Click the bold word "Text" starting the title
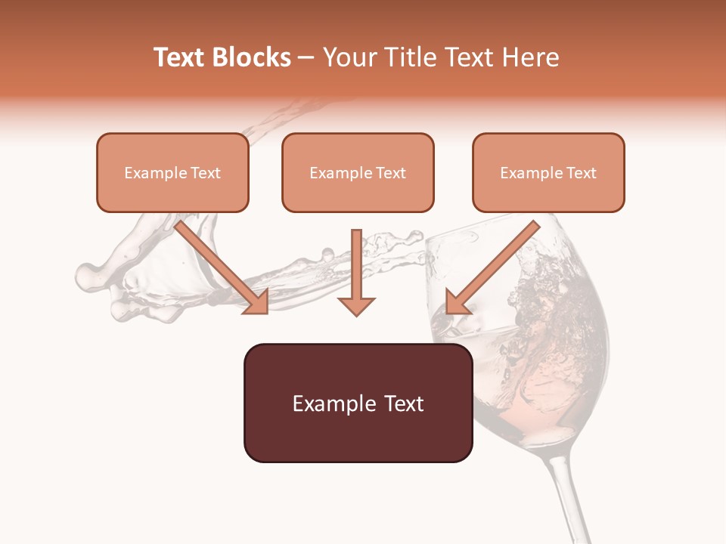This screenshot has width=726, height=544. click(x=180, y=57)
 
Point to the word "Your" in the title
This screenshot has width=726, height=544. click(x=349, y=57)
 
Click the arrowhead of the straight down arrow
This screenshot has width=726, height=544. click(x=356, y=305)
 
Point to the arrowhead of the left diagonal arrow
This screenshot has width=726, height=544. click(x=257, y=303)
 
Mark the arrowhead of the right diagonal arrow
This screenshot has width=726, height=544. click(x=456, y=302)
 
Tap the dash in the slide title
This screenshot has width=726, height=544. click(x=306, y=57)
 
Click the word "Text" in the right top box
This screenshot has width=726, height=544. click(x=581, y=173)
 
